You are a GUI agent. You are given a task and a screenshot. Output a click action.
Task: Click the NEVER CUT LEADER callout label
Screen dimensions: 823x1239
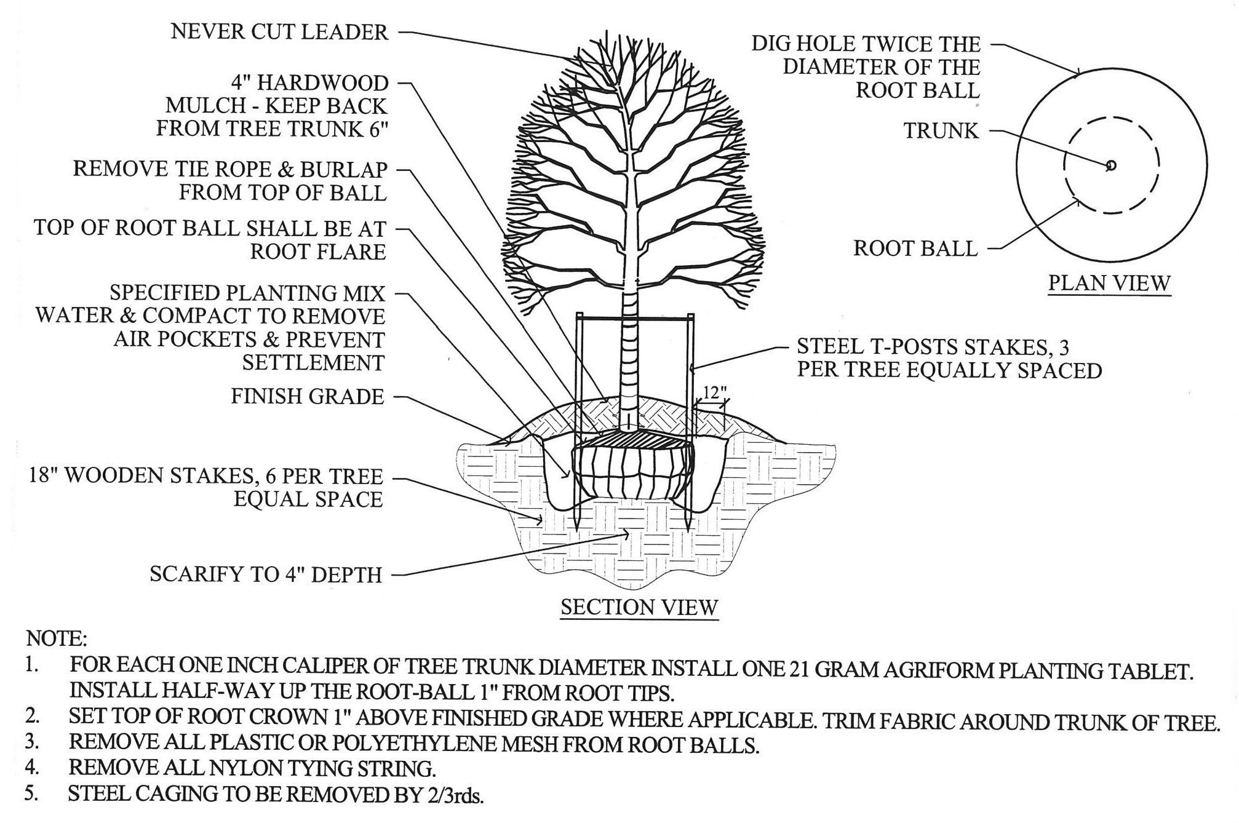click(279, 32)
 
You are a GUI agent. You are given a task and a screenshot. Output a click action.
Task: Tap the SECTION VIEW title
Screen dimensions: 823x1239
click(639, 607)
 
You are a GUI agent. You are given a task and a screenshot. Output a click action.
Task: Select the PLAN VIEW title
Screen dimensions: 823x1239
click(1109, 283)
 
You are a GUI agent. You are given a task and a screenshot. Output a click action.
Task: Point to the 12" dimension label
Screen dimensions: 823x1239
click(714, 391)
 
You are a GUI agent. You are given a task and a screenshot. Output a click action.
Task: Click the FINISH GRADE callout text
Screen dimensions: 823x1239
click(307, 397)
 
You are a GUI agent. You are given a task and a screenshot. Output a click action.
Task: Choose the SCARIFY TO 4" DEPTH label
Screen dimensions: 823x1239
click(266, 575)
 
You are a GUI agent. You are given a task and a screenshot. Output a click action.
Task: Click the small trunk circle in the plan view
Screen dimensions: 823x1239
click(1110, 165)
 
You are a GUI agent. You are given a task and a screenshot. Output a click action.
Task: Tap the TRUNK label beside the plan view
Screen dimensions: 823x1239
click(941, 131)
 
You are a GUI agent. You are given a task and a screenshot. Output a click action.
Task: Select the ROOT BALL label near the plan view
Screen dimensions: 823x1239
click(915, 249)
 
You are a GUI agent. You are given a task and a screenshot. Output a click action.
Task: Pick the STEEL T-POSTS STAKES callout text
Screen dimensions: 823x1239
click(949, 359)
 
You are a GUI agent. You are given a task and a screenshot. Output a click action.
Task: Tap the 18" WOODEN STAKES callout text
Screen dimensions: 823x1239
click(205, 487)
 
